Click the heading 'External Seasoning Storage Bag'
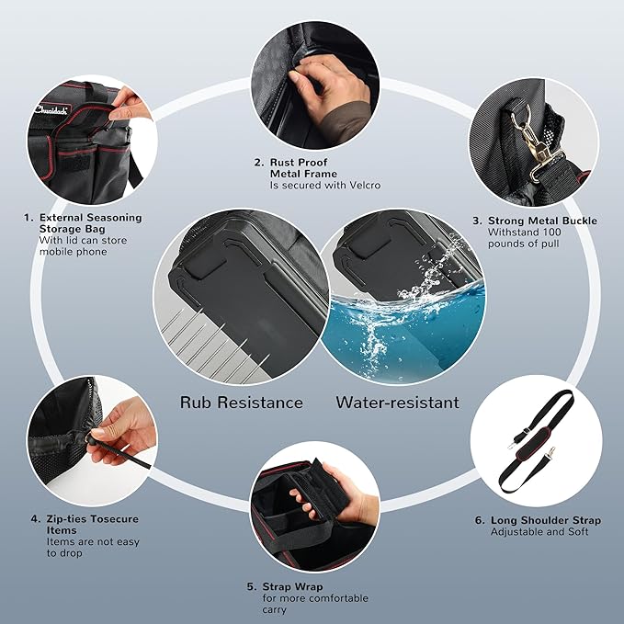tap(90, 223)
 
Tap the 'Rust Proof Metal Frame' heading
tap(303, 168)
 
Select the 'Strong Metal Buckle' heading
tap(542, 221)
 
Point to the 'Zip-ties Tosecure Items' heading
tap(92, 525)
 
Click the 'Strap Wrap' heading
tap(292, 586)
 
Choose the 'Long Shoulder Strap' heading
tap(546, 520)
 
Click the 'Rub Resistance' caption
tap(241, 403)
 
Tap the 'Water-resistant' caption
tap(397, 403)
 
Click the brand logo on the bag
tap(51, 109)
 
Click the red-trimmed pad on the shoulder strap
tap(533, 444)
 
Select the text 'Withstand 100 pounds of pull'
tap(524, 238)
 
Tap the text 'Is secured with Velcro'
tap(325, 186)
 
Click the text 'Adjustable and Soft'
tap(539, 532)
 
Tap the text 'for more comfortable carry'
tap(315, 604)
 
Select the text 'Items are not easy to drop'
tap(93, 547)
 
